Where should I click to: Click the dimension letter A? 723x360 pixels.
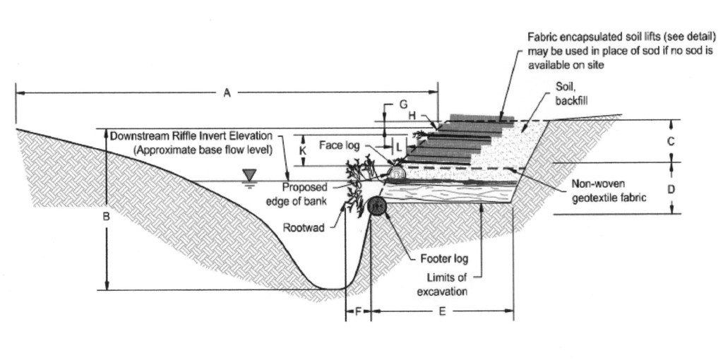coord(227,92)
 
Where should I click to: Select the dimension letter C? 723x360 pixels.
coord(671,141)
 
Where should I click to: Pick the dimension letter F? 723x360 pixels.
coord(358,311)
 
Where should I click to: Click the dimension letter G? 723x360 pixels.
coord(402,104)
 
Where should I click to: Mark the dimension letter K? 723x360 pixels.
coord(303,150)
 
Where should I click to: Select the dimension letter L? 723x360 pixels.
coord(400,148)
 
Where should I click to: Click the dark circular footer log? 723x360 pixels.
coord(377,205)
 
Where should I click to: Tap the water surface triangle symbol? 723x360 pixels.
coord(248,174)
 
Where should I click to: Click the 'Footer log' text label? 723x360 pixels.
coord(444,259)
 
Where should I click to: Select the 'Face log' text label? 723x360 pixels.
coord(340,145)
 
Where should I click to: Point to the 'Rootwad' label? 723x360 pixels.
coord(304,228)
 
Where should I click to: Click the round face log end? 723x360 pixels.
coord(396,172)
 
